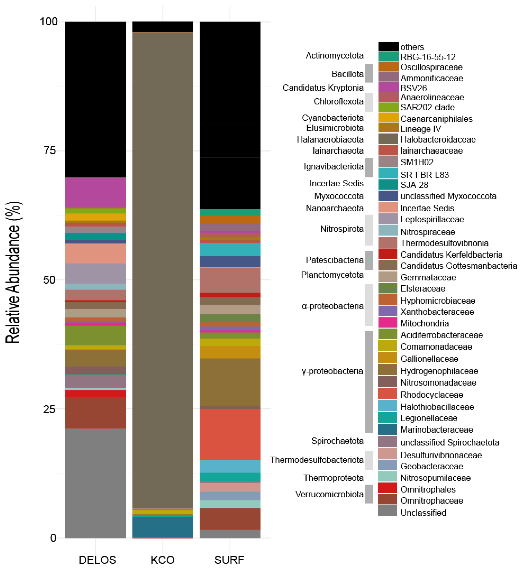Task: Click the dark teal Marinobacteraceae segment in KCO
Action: coord(163,527)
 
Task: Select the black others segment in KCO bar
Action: coord(163,27)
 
